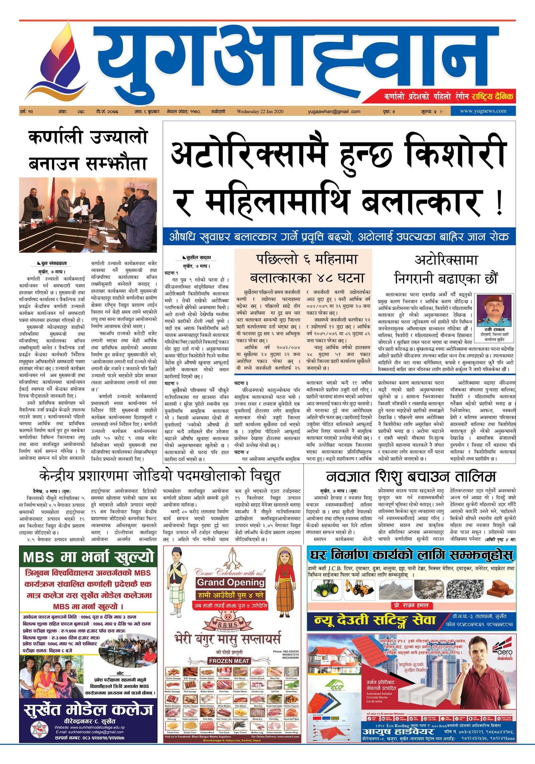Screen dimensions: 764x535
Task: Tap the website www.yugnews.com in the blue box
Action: pos(483,111)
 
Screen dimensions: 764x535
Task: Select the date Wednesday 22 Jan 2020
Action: pos(260,112)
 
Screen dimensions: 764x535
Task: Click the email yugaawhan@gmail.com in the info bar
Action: pos(334,112)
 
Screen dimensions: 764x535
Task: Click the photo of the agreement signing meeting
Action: pos(88,215)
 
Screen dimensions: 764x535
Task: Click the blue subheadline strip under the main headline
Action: pos(339,237)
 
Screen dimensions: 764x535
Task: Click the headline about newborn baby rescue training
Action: pos(411,476)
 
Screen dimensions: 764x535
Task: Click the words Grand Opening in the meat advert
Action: pos(231,582)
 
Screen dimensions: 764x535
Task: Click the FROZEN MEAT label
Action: pos(229,661)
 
